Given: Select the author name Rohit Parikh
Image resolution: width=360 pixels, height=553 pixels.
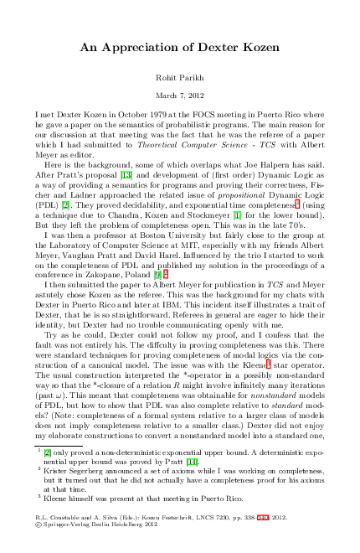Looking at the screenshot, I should click(179, 77).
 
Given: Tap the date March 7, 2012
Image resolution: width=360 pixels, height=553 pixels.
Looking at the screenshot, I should click(179, 94).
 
